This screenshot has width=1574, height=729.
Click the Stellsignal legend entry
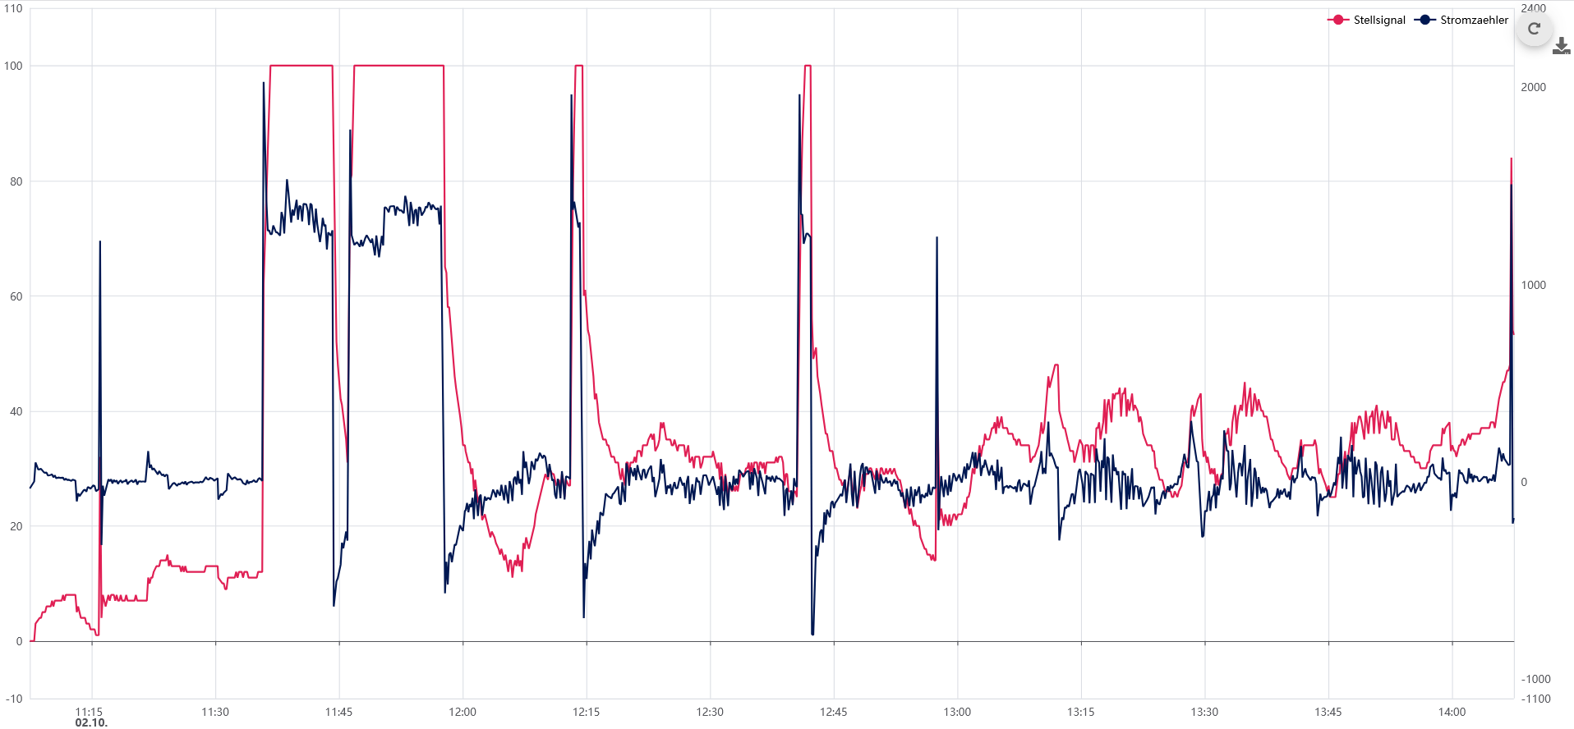pyautogui.click(x=1378, y=20)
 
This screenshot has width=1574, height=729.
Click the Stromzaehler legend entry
pyautogui.click(x=1474, y=20)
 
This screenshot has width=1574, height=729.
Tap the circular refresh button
pyautogui.click(x=1534, y=29)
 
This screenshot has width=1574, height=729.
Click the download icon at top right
pyautogui.click(x=1561, y=47)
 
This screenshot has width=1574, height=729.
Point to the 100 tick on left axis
pyautogui.click(x=13, y=66)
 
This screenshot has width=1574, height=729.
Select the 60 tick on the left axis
pyautogui.click(x=16, y=296)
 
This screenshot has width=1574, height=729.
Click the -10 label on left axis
pyautogui.click(x=14, y=699)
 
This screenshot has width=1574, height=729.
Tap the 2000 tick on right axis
pyautogui.click(x=1533, y=87)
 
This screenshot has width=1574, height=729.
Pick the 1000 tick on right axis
pyautogui.click(x=1533, y=285)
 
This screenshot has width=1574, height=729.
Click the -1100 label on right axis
pyautogui.click(x=1535, y=699)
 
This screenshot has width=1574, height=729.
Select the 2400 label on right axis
pyautogui.click(x=1533, y=8)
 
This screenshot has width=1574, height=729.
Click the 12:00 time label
pyautogui.click(x=463, y=712)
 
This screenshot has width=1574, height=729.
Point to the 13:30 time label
pyautogui.click(x=1204, y=712)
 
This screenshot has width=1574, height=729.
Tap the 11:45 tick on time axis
pyautogui.click(x=338, y=712)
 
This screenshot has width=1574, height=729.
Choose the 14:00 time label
pyautogui.click(x=1452, y=712)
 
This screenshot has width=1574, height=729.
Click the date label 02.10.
pyautogui.click(x=91, y=722)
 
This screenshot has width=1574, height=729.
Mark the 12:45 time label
pyautogui.click(x=833, y=712)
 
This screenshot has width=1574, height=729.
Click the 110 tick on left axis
pyautogui.click(x=13, y=8)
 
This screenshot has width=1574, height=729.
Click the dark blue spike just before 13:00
pyautogui.click(x=937, y=240)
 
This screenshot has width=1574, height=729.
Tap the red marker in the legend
pyautogui.click(x=1338, y=20)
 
